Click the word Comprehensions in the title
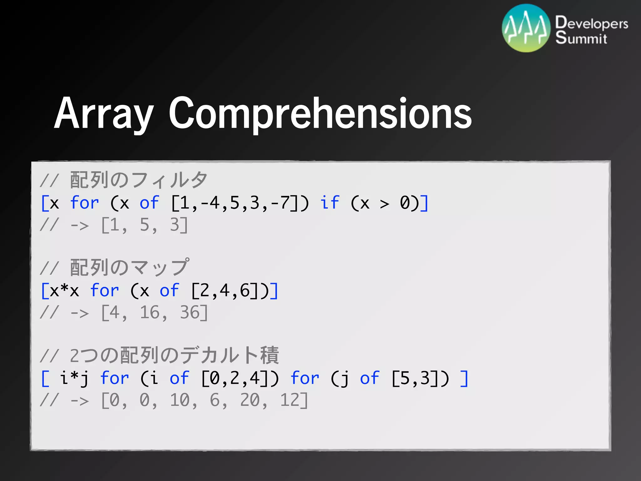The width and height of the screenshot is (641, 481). pos(320,113)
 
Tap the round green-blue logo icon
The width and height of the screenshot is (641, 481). pos(526,28)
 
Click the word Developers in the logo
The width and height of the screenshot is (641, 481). pos(592,23)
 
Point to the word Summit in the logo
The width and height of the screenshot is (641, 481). pos(581,38)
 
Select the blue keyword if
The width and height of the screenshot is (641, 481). pos(330,203)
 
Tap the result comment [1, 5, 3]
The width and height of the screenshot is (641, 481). pos(145,225)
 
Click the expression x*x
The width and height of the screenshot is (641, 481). pos(64,291)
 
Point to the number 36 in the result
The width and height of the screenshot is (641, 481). pos(190,313)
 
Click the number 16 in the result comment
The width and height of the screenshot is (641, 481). pos(150,313)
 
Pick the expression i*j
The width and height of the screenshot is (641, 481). pos(74,378)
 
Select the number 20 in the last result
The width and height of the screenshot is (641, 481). pos(250,400)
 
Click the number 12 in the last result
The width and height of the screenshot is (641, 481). pos(290,400)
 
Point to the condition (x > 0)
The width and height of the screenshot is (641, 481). pos(385,203)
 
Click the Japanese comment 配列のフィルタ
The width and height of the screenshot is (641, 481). pos(139,180)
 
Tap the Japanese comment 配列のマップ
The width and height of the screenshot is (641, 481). pos(129,268)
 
